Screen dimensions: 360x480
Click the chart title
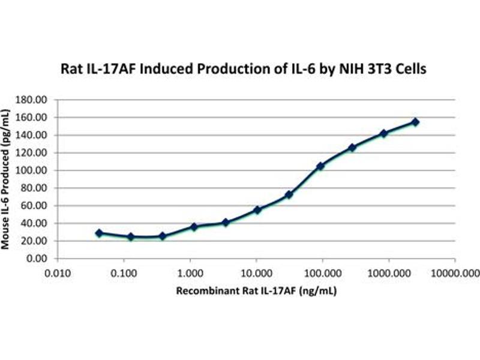pos(244,69)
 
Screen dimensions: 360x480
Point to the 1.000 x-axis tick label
pos(190,271)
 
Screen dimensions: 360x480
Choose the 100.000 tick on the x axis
pos(322,271)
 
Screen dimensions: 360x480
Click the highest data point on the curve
pos(415,122)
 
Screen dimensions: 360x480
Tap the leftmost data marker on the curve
pos(99,233)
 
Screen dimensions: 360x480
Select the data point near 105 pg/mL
pos(320,166)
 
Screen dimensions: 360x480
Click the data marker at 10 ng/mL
pos(257,210)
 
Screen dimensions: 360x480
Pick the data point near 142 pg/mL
pos(383,133)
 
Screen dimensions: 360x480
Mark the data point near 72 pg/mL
pos(289,195)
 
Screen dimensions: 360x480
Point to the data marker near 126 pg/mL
pos(352,148)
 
